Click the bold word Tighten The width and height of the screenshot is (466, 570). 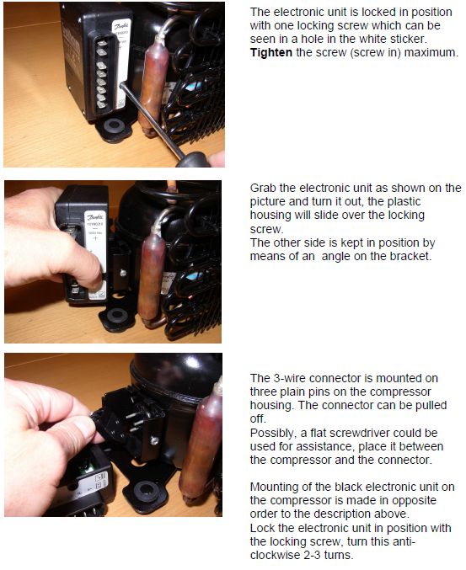click(x=271, y=53)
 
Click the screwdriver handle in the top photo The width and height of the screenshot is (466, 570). click(x=194, y=159)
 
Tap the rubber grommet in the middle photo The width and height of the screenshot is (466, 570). click(x=117, y=316)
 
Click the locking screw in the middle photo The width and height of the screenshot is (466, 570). click(x=123, y=272)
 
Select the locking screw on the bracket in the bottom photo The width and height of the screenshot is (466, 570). click(x=154, y=441)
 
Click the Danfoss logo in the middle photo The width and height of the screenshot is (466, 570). click(x=94, y=217)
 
